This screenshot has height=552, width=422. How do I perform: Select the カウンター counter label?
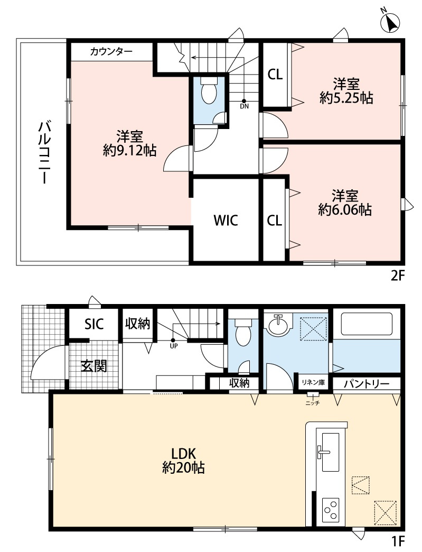coord(111,52)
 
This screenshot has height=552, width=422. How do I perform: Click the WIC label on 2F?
coord(226,220)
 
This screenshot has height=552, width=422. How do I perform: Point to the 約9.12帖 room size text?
coord(130,151)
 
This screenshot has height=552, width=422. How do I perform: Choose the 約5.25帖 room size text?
coord(346,98)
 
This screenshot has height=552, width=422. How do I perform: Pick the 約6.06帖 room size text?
coord(345,210)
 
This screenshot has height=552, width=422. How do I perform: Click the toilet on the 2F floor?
coord(209,91)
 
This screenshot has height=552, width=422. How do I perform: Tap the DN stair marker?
coord(245,104)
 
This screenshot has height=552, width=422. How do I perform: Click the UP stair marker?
coord(173,344)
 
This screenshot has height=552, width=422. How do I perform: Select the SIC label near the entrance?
coord(94,324)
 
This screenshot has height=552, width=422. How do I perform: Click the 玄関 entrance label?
coord(94,366)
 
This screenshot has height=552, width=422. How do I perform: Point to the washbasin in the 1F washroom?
coord(279,324)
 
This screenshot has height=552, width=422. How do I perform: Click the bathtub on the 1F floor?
coord(367,324)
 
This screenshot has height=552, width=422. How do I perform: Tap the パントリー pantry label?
coord(367,383)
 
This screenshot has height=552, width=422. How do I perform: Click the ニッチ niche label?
coord(312,403)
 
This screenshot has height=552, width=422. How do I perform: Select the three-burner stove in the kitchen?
coord(331,509)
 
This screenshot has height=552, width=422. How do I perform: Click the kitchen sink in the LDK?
coord(330,453)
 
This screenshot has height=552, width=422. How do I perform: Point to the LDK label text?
coord(183,454)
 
